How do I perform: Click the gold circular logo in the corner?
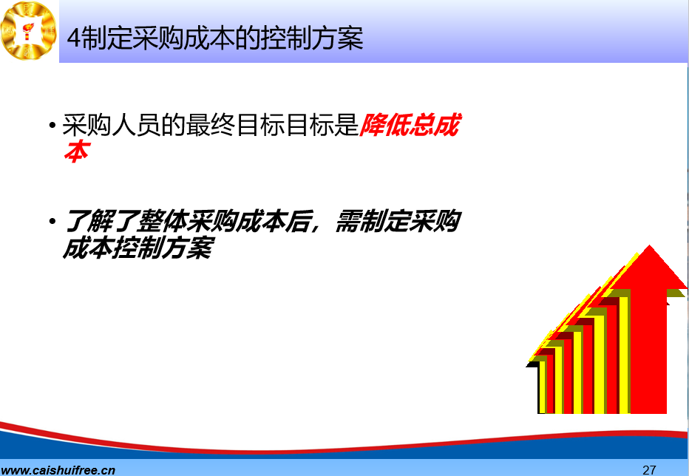point(29,30)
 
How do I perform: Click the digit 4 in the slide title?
point(74,38)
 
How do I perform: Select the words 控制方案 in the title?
point(312,38)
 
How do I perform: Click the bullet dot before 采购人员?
point(52,126)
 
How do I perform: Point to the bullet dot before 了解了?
point(52,221)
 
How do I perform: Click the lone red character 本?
point(77,152)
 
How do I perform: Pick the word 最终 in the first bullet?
point(211,125)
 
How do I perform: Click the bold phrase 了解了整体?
point(125,221)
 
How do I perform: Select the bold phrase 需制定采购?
point(398,221)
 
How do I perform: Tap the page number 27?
point(649,469)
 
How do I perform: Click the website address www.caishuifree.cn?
point(58,470)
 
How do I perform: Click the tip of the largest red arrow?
point(650,245)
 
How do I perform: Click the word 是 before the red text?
point(347,125)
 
